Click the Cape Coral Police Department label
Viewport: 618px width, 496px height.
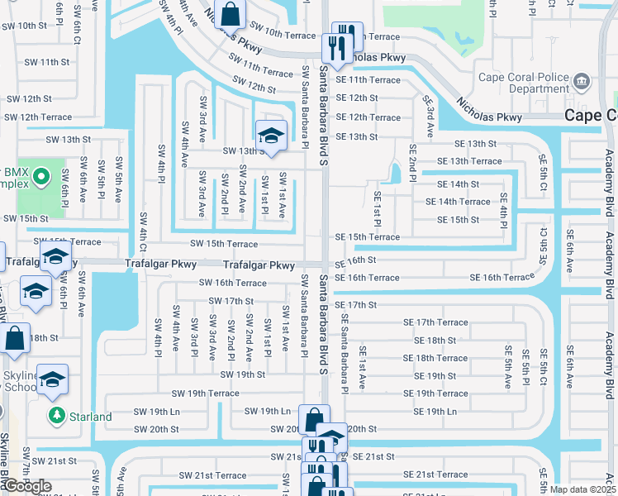tap(524, 83)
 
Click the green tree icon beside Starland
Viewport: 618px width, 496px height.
tap(56, 415)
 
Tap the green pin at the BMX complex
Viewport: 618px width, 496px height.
tap(43, 177)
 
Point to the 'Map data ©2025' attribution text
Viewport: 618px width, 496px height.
tap(582, 489)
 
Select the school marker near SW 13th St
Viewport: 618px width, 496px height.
tap(270, 135)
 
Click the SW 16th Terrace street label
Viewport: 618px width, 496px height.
tap(232, 283)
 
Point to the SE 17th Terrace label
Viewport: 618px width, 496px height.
tap(435, 322)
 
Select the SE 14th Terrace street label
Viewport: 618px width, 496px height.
tap(458, 202)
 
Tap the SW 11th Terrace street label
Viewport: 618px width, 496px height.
tap(263, 73)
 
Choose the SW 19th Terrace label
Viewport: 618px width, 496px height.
tap(205, 393)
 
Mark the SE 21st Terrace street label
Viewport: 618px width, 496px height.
tap(435, 475)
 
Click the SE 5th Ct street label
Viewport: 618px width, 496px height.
tap(543, 172)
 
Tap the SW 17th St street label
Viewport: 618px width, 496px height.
tap(231, 302)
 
